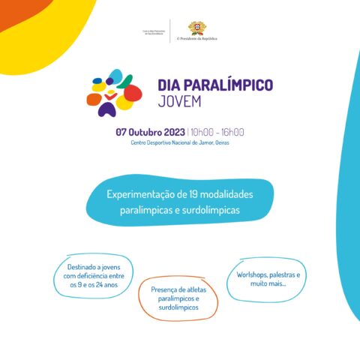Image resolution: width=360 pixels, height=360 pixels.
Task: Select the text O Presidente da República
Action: click(x=196, y=37)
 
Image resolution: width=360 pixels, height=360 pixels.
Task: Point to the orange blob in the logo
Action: click(x=94, y=98)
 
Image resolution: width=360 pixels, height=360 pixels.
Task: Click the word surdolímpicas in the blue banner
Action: click(x=209, y=210)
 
